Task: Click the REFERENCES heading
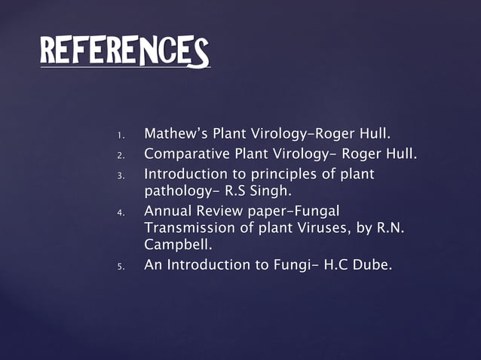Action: pos(124,53)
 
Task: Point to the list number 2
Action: pos(120,157)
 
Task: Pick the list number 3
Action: pos(120,176)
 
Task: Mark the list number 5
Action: pos(120,266)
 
